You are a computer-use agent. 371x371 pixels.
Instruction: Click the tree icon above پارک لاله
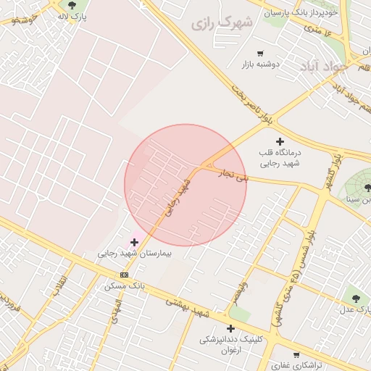coord(72,5)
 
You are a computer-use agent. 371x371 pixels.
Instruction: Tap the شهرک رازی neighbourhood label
coord(222,23)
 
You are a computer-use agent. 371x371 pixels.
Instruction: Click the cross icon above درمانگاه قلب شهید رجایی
coord(280,141)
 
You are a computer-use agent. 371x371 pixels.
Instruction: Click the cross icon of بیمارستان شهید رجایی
coord(134,242)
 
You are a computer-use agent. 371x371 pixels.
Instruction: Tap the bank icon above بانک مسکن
coord(124,275)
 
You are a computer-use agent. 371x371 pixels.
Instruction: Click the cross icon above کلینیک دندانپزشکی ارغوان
coord(230,328)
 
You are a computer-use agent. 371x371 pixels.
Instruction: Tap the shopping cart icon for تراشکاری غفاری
coord(275,356)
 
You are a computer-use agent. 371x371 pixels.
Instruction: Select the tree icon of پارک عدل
coord(354,296)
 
